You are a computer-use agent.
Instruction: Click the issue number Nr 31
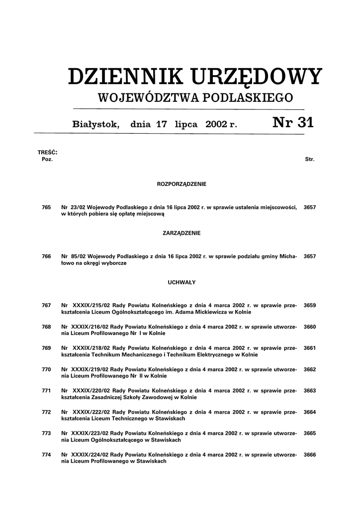pos(293,123)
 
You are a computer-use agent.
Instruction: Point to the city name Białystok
pos(96,124)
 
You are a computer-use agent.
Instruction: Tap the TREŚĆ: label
pos(48,152)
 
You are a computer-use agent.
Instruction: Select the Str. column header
pos(309,160)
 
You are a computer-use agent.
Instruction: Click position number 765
pos(47,207)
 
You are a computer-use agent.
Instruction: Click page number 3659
pos(310,305)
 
